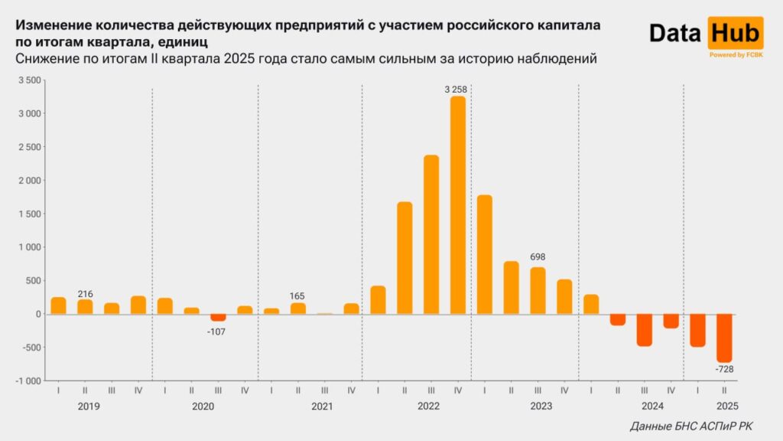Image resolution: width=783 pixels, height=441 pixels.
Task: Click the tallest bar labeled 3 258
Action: (458, 204)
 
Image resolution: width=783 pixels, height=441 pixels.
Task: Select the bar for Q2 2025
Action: (724, 338)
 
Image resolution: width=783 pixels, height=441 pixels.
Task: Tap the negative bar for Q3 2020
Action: (218, 317)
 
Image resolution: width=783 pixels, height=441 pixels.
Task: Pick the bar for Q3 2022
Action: (431, 234)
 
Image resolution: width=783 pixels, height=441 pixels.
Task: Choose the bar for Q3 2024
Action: (645, 330)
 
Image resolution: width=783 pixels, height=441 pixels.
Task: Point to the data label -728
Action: (723, 370)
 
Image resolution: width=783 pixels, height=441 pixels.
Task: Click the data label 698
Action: (538, 257)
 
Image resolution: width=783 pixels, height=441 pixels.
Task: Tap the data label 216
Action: (85, 293)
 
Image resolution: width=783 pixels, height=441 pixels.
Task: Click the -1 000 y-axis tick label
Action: (28, 381)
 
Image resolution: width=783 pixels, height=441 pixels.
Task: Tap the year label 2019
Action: (89, 407)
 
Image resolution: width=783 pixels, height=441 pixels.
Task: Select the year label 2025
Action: (726, 407)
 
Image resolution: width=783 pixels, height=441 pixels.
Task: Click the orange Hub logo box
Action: (736, 33)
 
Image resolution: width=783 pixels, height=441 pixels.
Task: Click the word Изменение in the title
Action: (52, 24)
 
